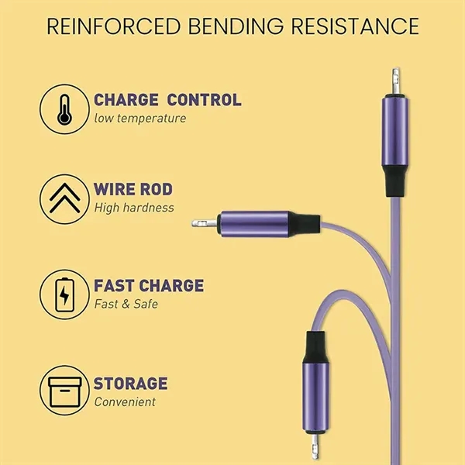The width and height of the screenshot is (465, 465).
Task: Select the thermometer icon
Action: coord(62,108)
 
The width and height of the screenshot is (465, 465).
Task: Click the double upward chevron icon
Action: coord(62,198)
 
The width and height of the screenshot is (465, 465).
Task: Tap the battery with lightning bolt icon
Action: coord(62,294)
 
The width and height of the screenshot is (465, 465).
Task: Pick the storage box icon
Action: coord(62,391)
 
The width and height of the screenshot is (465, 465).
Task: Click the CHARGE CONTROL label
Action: coord(167,100)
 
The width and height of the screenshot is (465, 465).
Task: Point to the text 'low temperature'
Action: coord(140,119)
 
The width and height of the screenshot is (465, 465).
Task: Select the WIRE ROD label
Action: coord(133,190)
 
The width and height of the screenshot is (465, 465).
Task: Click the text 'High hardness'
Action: coord(134,208)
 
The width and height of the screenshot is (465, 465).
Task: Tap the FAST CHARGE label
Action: coord(149,286)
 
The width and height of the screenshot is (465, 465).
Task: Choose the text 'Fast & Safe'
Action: coord(126,304)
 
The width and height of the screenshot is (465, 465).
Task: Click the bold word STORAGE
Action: coord(131,383)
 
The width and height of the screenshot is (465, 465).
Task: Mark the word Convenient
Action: coord(125,401)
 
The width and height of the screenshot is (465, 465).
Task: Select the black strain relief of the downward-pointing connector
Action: coord(315,346)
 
